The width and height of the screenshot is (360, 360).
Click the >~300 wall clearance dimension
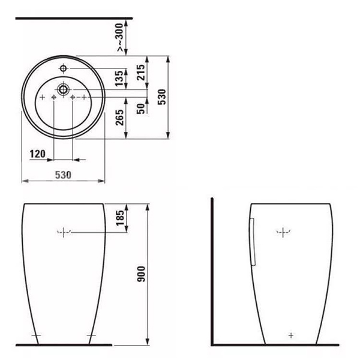[120, 37]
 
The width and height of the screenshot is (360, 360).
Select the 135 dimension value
[119, 78]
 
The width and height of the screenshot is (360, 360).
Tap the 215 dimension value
[141, 73]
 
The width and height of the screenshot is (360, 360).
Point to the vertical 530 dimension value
[162, 97]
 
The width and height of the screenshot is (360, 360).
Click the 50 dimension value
[141, 109]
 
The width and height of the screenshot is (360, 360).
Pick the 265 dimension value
[119, 118]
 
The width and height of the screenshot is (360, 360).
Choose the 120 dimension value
[38, 154]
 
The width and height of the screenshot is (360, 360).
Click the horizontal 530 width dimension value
[63, 175]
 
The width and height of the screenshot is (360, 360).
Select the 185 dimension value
[120, 218]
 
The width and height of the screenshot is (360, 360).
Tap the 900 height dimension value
[141, 274]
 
